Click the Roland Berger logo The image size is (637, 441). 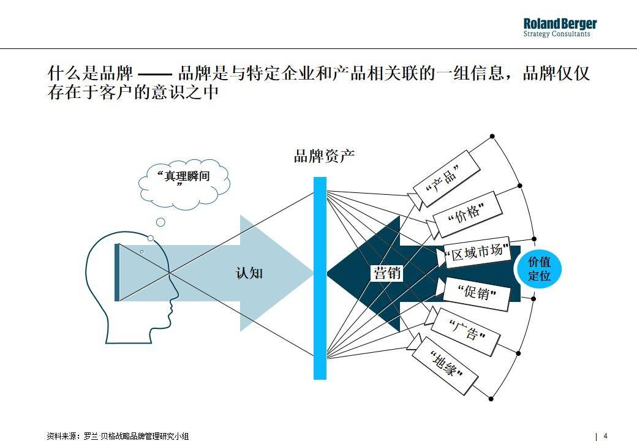pyautogui.click(x=560, y=28)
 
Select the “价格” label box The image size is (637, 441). pyautogui.click(x=467, y=214)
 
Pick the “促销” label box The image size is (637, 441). pyautogui.click(x=476, y=294)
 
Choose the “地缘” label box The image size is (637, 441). pyautogui.click(x=445, y=366)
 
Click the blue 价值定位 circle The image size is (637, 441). pyautogui.click(x=538, y=269)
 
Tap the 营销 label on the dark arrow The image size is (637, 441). pyautogui.click(x=387, y=273)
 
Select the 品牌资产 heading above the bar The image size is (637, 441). pyautogui.click(x=324, y=156)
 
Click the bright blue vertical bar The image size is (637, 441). pyautogui.click(x=320, y=278)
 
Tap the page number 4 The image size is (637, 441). pyautogui.click(x=605, y=435)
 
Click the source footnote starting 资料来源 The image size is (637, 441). pyautogui.click(x=118, y=436)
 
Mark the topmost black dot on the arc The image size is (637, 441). pyautogui.click(x=492, y=137)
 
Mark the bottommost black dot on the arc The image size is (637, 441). pyautogui.click(x=491, y=399)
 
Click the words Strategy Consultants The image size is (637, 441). pyautogui.click(x=557, y=34)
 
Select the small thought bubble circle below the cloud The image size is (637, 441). pyautogui.click(x=161, y=222)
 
